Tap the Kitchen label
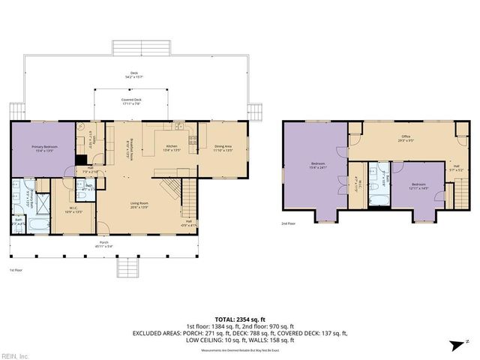(x=171, y=147)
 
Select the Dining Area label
(x=223, y=147)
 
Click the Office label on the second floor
(x=405, y=136)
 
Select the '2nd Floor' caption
(x=288, y=223)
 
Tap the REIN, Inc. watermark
(x=16, y=355)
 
